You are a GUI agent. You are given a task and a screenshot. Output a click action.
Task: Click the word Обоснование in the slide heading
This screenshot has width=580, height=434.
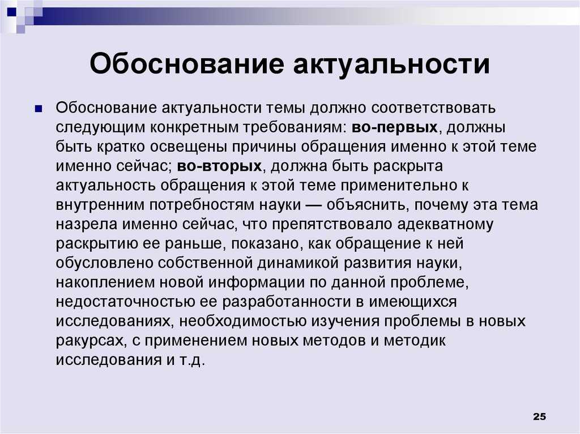point(186,63)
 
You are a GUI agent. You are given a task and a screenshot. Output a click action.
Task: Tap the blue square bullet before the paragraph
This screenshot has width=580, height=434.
point(38,109)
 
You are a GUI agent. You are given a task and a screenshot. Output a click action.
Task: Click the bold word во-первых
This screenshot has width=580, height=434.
point(395,127)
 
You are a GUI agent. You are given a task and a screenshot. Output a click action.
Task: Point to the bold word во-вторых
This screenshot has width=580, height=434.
point(219,166)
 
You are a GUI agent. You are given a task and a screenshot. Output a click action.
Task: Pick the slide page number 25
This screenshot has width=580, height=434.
point(539,416)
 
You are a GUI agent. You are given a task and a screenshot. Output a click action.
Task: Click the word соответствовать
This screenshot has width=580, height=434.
point(433,108)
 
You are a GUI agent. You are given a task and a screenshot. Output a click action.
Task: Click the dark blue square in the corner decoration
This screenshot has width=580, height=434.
point(12,12)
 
